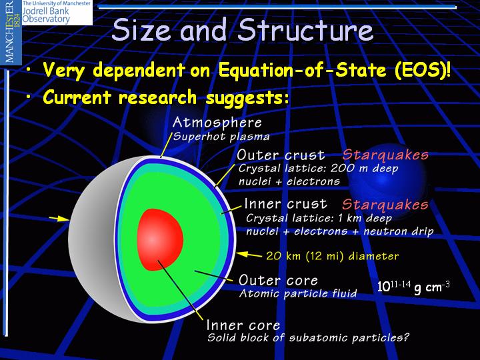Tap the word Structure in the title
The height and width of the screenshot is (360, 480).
click(306, 30)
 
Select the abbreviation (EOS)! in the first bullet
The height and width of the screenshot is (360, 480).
click(423, 71)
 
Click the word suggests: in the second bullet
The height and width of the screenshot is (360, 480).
click(247, 98)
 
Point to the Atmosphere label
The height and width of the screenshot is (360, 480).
click(217, 123)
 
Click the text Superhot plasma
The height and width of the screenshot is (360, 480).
click(221, 137)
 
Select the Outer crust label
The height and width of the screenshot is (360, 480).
click(281, 155)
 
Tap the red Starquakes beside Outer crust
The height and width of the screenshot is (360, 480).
click(385, 155)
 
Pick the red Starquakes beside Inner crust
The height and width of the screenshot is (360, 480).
click(385, 204)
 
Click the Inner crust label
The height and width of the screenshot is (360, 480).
click(285, 204)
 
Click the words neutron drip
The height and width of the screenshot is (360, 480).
click(399, 231)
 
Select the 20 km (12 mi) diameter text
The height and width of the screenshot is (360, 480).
click(333, 256)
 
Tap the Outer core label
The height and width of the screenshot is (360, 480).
click(278, 280)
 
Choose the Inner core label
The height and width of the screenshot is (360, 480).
click(243, 325)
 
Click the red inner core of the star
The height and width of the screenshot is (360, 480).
click(160, 240)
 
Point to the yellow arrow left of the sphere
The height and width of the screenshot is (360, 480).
click(59, 219)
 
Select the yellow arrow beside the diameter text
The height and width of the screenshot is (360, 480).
click(249, 255)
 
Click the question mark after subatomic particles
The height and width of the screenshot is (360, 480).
click(405, 337)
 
